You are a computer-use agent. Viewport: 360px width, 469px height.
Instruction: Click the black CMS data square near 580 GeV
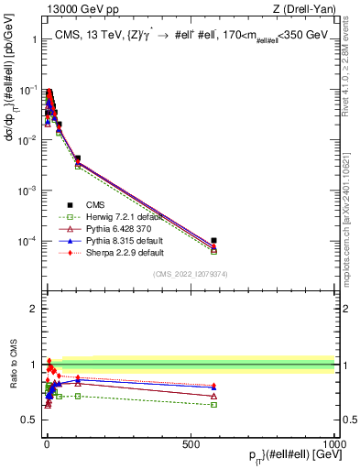coord(213,241)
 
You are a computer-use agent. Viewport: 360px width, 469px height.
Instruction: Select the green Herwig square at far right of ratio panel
coord(213,404)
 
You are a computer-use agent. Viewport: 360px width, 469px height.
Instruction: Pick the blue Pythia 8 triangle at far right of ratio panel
coord(213,386)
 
